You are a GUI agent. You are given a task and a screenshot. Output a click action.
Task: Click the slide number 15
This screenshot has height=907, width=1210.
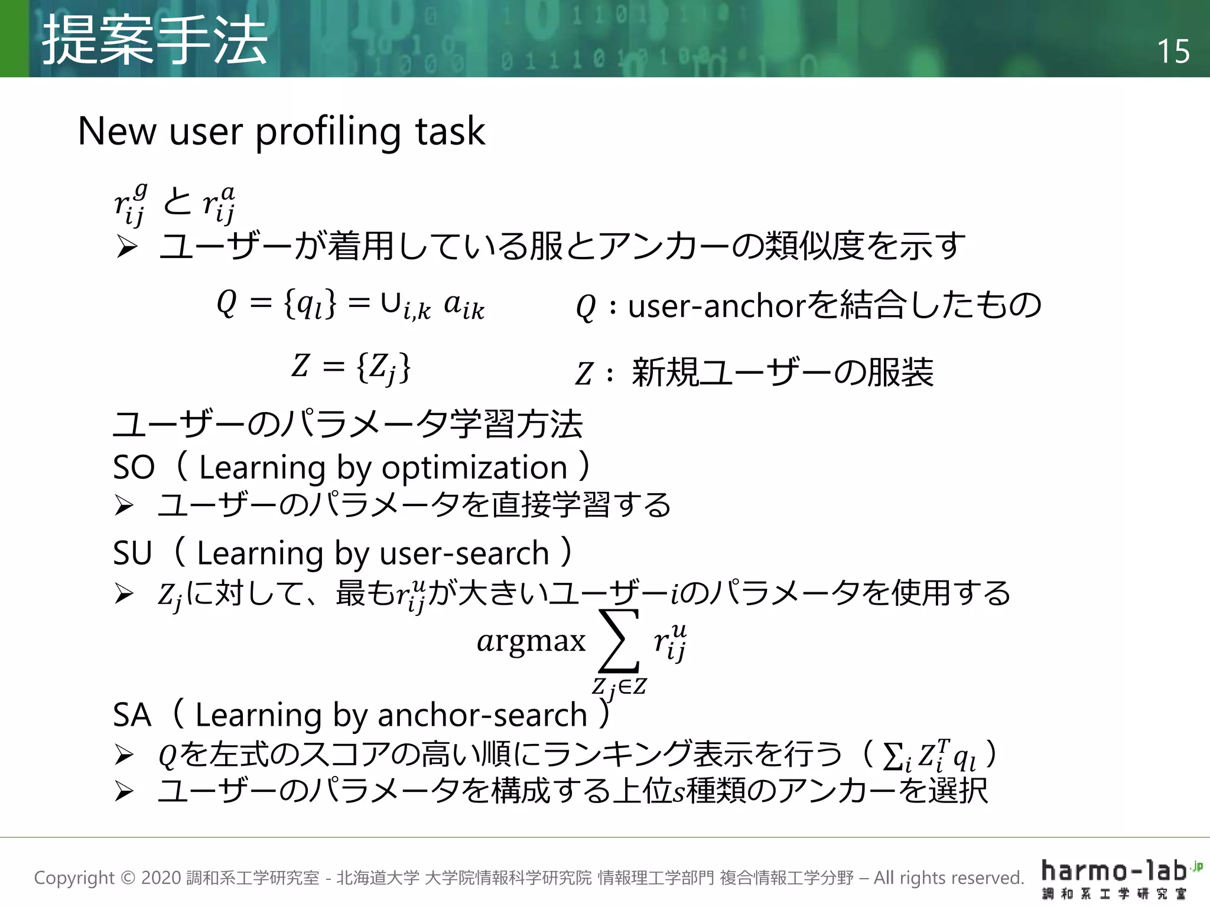[1173, 51]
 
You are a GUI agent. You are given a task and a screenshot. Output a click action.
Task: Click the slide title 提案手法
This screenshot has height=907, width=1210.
[155, 40]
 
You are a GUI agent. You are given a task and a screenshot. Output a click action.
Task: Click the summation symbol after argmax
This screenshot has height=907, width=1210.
[619, 642]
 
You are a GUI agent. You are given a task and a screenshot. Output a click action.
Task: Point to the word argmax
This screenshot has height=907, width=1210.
[531, 641]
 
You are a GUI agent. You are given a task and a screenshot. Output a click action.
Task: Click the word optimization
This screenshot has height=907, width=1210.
[474, 468]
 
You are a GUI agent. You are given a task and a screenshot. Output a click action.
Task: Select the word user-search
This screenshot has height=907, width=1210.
[464, 554]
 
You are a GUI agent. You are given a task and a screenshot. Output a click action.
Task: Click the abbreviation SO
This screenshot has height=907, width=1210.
[134, 468]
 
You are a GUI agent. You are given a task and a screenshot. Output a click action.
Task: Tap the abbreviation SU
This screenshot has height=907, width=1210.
[132, 554]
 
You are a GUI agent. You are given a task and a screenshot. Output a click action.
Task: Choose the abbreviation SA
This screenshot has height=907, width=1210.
[132, 716]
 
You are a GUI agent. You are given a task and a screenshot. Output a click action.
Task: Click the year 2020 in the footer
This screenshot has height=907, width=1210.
[161, 878]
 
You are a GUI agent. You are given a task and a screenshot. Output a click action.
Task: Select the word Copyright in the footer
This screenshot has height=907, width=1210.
[74, 878]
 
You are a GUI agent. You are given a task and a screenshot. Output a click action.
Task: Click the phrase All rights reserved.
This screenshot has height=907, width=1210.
[948, 878]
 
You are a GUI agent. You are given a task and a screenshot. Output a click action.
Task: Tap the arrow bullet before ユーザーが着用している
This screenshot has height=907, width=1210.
[126, 246]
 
